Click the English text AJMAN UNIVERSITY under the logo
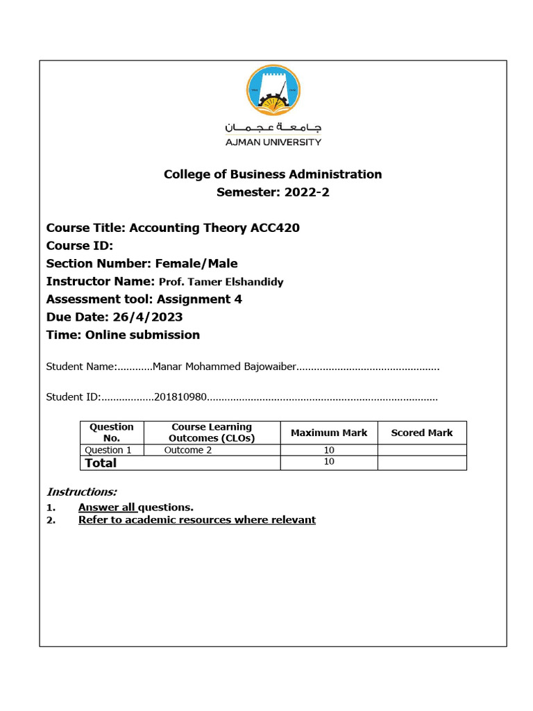(x=273, y=142)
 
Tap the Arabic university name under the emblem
(x=273, y=128)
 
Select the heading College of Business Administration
(x=273, y=174)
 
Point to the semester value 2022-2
(x=307, y=192)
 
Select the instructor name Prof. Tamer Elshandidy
(x=221, y=282)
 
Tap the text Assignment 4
(x=199, y=299)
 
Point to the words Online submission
(x=142, y=335)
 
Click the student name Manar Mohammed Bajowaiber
(x=224, y=367)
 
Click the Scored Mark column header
(x=421, y=433)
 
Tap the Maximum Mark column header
(x=329, y=433)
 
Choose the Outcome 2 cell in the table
(x=188, y=450)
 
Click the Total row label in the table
(x=101, y=462)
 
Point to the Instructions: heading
(x=81, y=492)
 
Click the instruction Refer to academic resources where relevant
(x=197, y=519)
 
